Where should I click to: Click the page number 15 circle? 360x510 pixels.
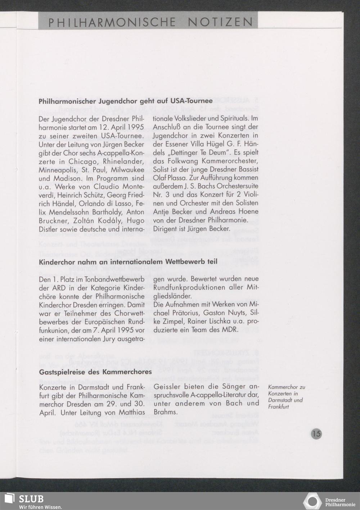tap(316, 433)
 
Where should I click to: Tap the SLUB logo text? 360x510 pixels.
tap(31, 499)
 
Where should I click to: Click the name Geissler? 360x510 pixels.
tap(167, 387)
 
